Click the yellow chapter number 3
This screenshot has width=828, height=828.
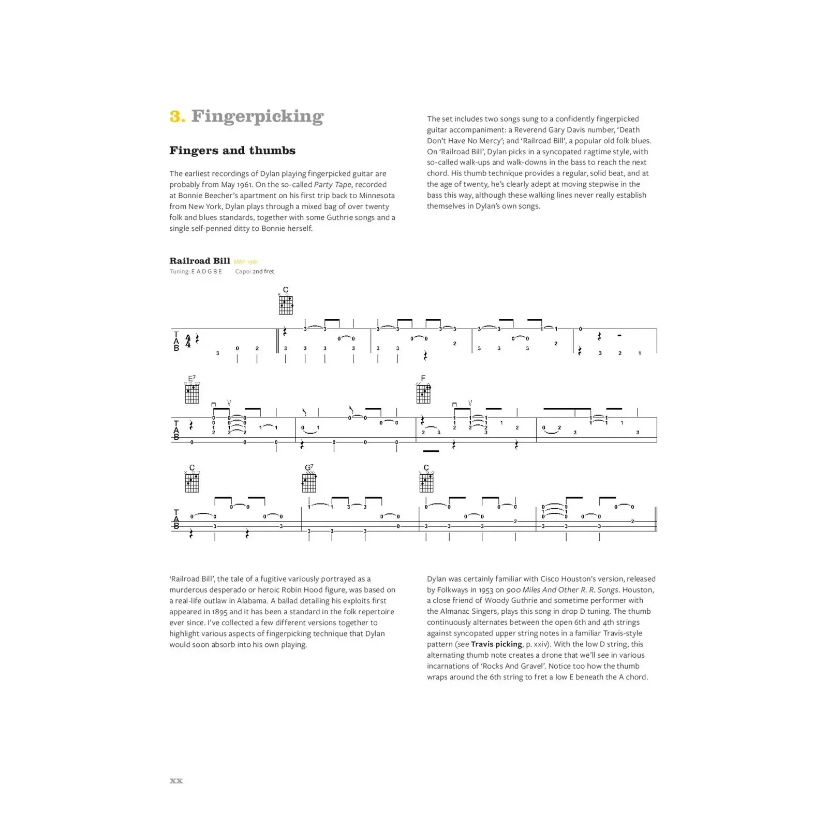(176, 116)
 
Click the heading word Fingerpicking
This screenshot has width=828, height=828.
(257, 116)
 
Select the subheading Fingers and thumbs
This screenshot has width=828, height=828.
(232, 151)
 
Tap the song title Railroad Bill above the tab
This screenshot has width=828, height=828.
(199, 261)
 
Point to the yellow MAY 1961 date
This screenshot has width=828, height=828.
(246, 262)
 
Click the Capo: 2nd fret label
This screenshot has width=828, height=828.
(255, 271)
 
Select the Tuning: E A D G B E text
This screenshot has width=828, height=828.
(196, 271)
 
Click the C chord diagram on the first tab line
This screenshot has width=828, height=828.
(286, 304)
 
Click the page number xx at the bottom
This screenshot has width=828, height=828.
(176, 780)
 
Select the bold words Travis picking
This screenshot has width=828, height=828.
(496, 644)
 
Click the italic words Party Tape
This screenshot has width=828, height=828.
(333, 185)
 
